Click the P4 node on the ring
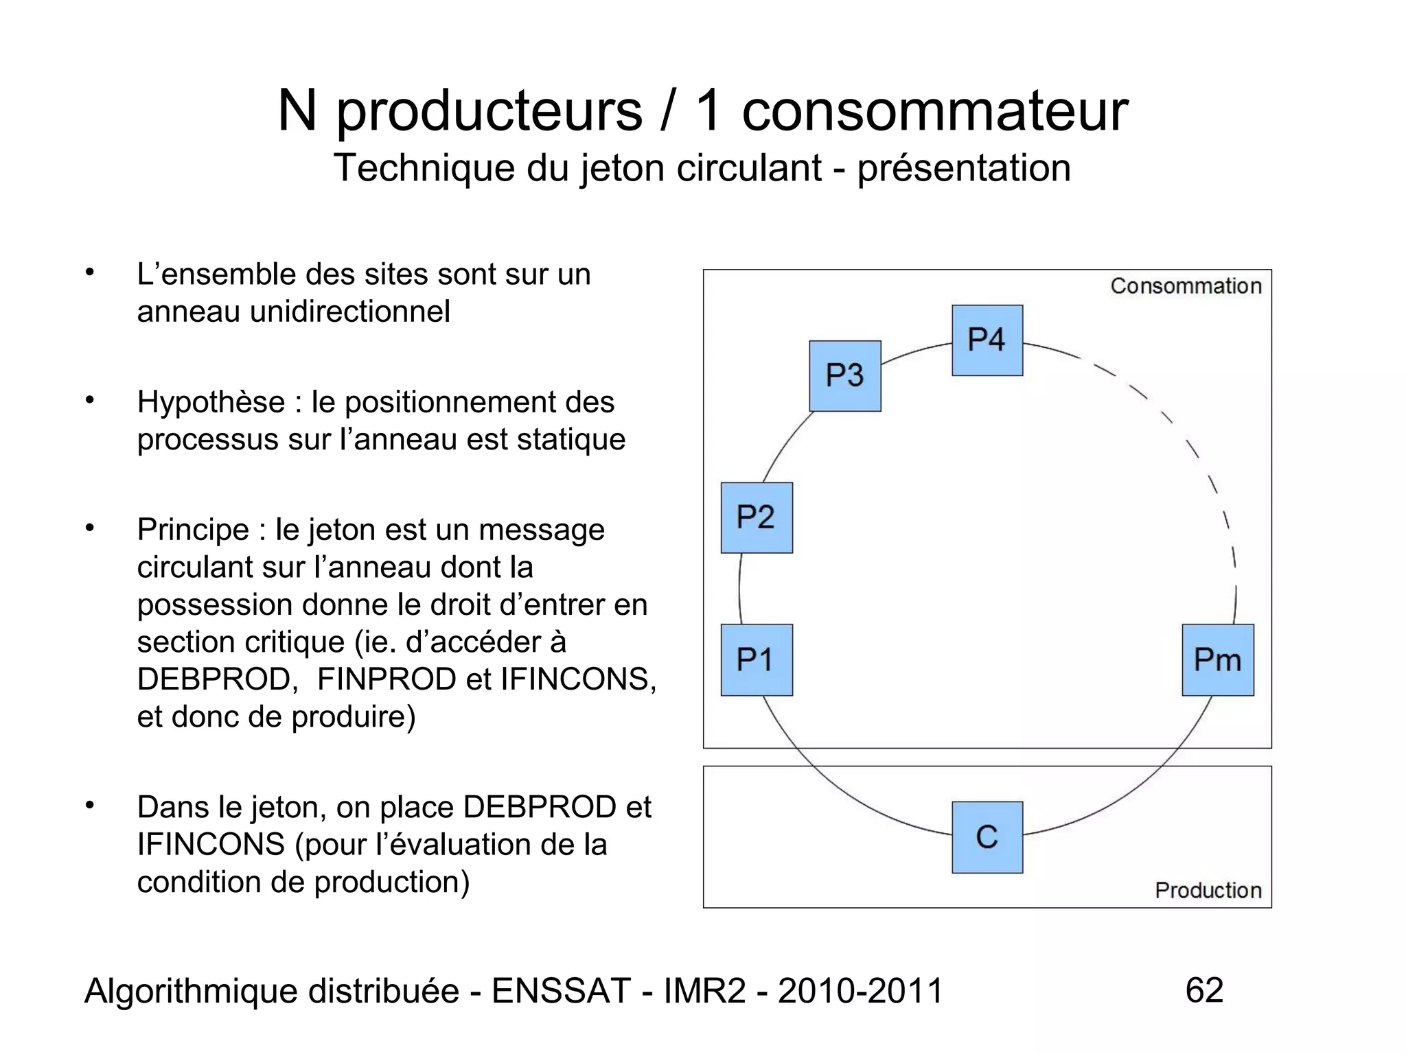pos(987,340)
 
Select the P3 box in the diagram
pos(844,376)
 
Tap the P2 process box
pos(757,517)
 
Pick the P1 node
pos(757,660)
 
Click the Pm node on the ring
pos(1217,660)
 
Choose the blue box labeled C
pos(987,837)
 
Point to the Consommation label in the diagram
pos(1186,286)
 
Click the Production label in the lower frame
pos(1208,890)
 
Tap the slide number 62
pos(1204,990)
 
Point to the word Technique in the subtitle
pos(424,168)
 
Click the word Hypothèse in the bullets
pos(211,402)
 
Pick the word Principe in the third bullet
pos(193,530)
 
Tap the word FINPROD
pos(387,679)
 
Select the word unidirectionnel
pos(349,312)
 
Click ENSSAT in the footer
pos(561,991)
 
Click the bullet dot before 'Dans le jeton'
pos(89,804)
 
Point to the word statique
pos(571,439)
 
